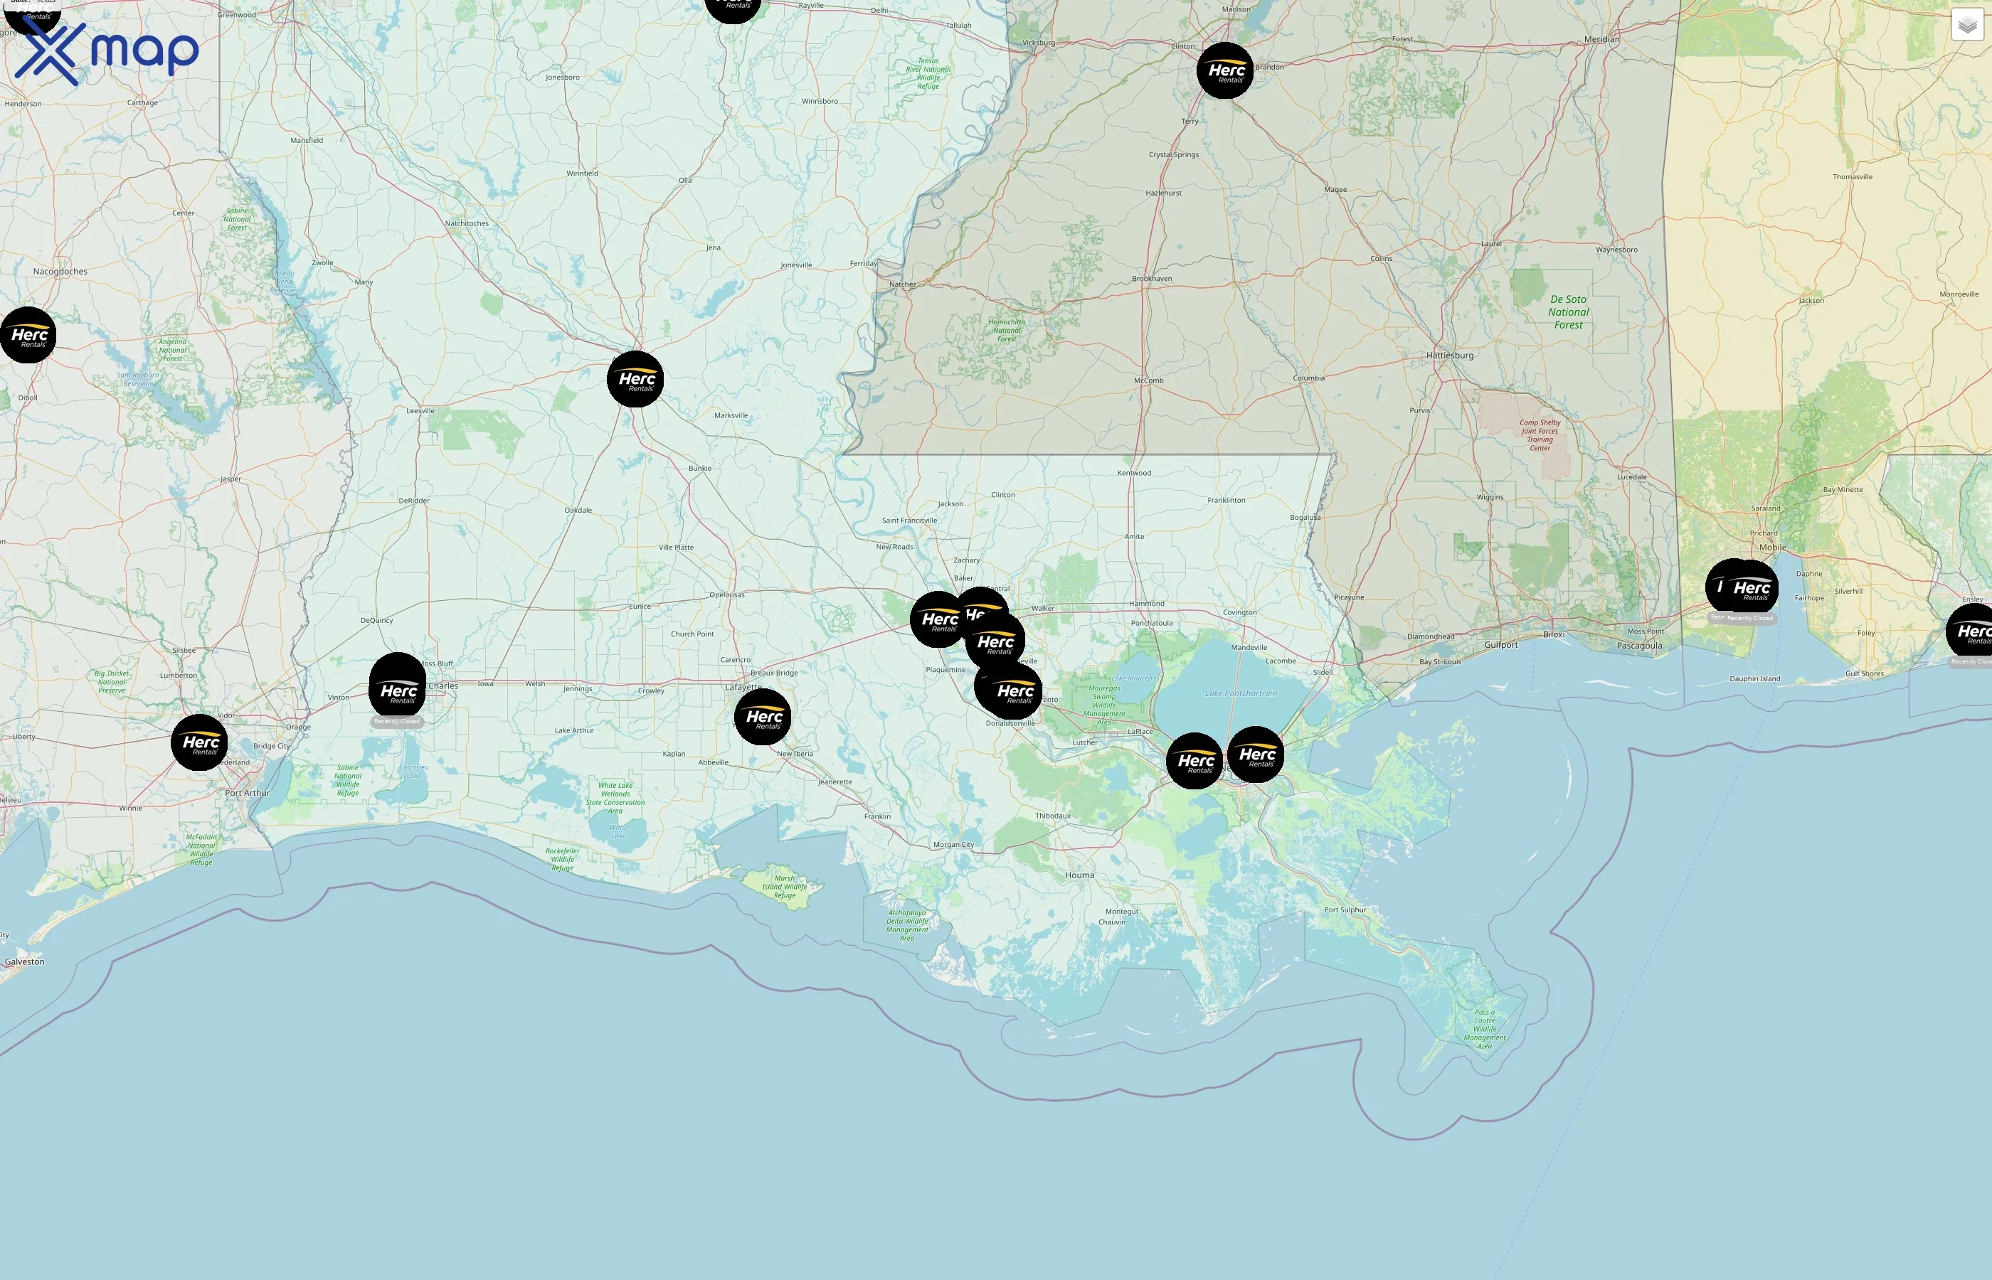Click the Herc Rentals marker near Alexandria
635,379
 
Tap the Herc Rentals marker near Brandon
1224,70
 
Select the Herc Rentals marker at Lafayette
763,717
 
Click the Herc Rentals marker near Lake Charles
398,690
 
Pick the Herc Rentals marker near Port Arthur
199,742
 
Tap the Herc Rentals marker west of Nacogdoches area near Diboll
28,335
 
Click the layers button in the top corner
1966,25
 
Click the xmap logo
107,51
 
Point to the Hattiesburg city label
1449,355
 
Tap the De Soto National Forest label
1568,311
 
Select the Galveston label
25,961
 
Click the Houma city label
1079,875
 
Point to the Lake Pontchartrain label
1241,693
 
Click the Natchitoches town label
467,223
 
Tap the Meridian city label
1601,39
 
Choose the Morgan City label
953,845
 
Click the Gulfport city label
1500,645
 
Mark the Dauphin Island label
1754,678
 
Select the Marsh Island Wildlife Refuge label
784,886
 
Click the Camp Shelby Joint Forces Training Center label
1540,434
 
